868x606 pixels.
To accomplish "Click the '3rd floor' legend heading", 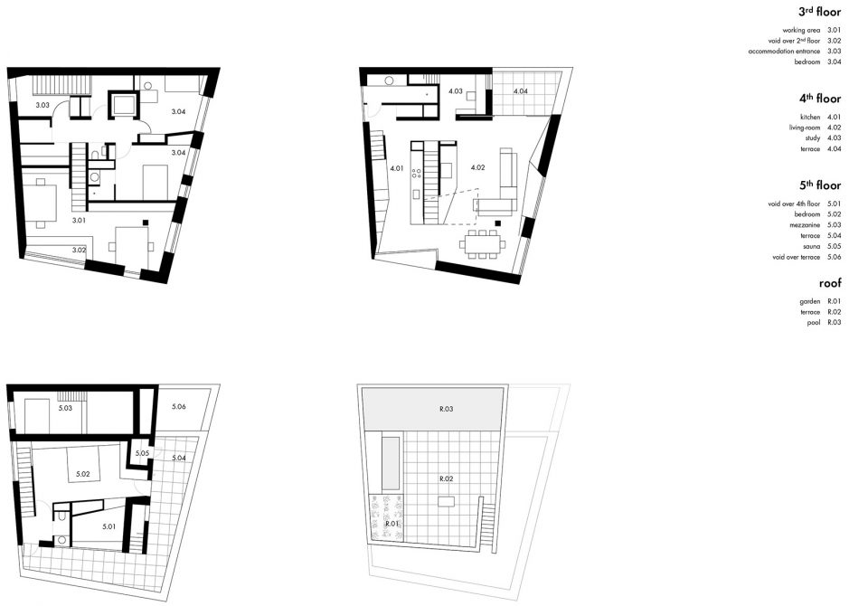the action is click(x=819, y=12).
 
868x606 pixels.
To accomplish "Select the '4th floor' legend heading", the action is click(x=819, y=99).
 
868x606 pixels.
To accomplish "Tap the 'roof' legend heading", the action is click(x=830, y=283).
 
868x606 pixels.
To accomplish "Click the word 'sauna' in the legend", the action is click(x=811, y=247).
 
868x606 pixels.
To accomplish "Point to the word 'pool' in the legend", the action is click(x=813, y=322).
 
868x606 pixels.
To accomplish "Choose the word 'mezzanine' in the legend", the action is click(x=805, y=225).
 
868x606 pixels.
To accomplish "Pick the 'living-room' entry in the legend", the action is click(x=805, y=128).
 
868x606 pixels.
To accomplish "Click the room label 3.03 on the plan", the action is click(x=42, y=105).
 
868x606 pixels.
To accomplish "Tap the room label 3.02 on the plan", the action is click(x=79, y=250).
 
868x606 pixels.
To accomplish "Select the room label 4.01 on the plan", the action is click(x=396, y=168).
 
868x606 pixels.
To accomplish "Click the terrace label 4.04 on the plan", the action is click(x=521, y=90).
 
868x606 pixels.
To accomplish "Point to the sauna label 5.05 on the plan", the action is click(x=142, y=453).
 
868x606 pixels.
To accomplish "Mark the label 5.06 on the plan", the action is click(x=178, y=407).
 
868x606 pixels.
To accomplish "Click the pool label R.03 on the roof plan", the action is click(x=446, y=409).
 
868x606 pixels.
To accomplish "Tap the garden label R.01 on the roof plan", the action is click(x=392, y=524).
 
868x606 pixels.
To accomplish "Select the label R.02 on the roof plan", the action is click(x=446, y=478).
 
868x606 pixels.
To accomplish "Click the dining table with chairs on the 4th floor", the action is click(x=482, y=243).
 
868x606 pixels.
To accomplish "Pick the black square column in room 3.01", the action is click(x=145, y=223).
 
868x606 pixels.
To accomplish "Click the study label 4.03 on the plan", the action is click(x=455, y=90).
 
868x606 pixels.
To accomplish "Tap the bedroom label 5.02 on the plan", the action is click(x=82, y=474).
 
